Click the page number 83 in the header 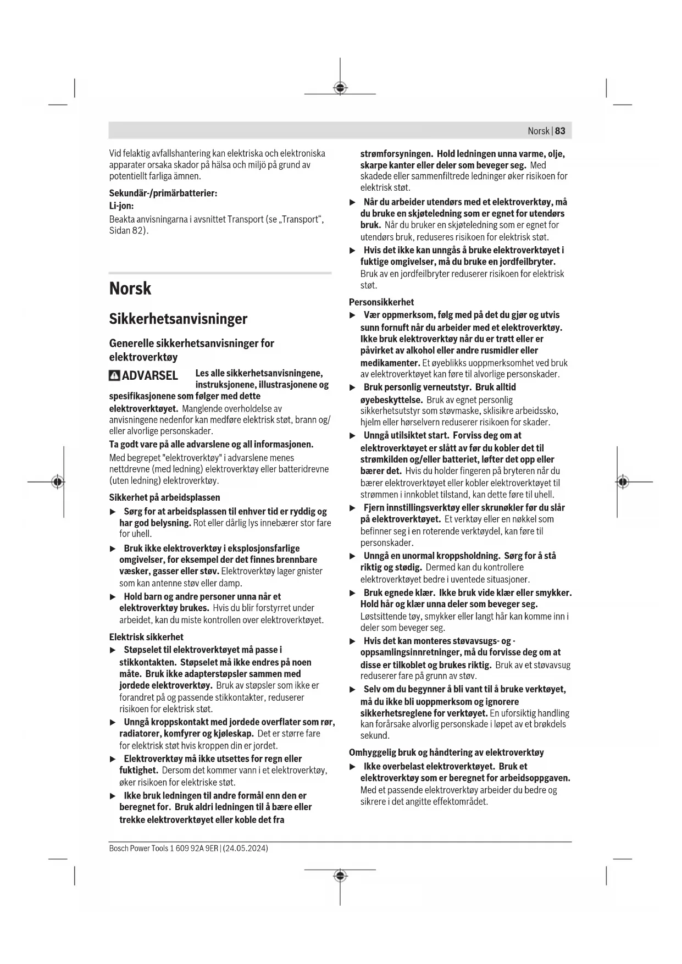[560, 131]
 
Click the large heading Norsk [130, 289]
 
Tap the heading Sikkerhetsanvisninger [178, 319]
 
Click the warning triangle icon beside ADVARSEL [114, 376]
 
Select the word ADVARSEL [150, 376]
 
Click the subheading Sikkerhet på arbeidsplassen [164, 497]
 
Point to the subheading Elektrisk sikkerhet [146, 637]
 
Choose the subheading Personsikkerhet [381, 302]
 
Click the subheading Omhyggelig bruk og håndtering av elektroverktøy [446, 752]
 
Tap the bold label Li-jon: [121, 206]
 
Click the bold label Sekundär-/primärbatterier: [163, 193]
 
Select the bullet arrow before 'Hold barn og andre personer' [113, 597]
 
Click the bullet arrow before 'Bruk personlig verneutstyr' [353, 387]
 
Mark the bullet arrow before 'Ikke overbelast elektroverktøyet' [353, 767]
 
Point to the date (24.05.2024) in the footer [246, 849]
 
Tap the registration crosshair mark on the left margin [57, 482]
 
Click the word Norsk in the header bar [538, 131]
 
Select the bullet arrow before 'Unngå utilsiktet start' [353, 436]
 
